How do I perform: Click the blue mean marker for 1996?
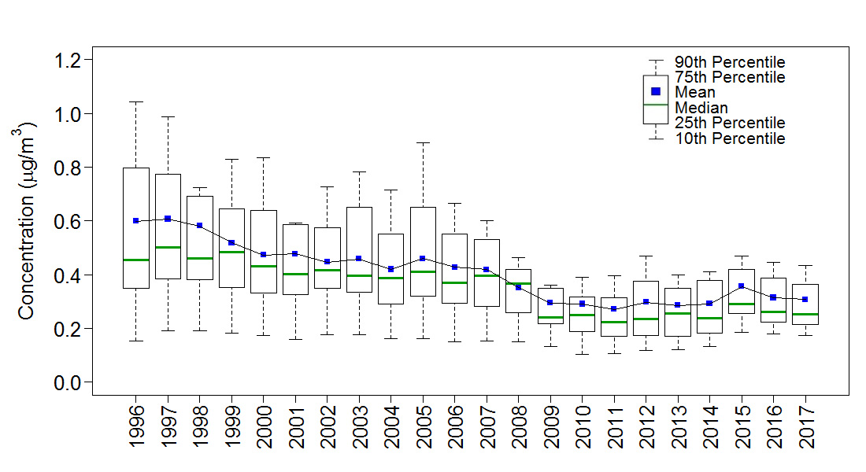click(135, 221)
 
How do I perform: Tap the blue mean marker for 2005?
click(423, 258)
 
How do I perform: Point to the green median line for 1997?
click(168, 247)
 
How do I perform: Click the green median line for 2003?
click(359, 275)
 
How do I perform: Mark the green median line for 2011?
click(614, 322)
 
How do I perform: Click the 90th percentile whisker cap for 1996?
click(135, 101)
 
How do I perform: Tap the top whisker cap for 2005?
click(423, 142)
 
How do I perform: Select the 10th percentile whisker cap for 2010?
click(582, 354)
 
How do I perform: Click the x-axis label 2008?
click(519, 429)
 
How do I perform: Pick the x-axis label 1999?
click(231, 429)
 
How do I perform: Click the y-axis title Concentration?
click(28, 220)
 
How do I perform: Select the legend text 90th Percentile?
click(730, 62)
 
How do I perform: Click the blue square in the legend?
click(656, 91)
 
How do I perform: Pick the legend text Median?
click(701, 108)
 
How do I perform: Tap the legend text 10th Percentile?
click(730, 138)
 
